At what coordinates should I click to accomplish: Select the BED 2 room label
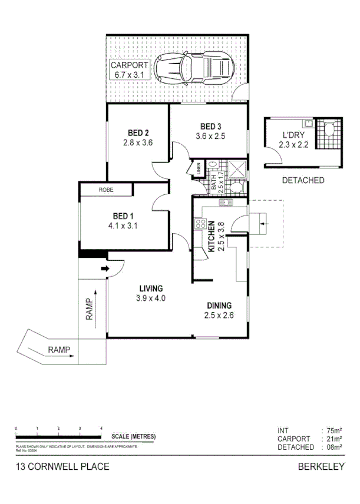click(138, 132)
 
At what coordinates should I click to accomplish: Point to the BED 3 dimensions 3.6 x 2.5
click(210, 136)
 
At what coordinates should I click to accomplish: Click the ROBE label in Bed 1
click(106, 190)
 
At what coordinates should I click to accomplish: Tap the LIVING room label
click(151, 288)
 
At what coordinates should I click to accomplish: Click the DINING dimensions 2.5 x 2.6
click(219, 316)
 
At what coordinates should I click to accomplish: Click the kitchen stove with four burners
click(200, 224)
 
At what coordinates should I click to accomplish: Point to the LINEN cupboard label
click(198, 168)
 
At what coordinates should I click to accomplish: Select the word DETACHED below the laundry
click(303, 180)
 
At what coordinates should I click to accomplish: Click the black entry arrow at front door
click(105, 270)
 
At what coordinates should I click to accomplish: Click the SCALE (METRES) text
click(134, 436)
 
